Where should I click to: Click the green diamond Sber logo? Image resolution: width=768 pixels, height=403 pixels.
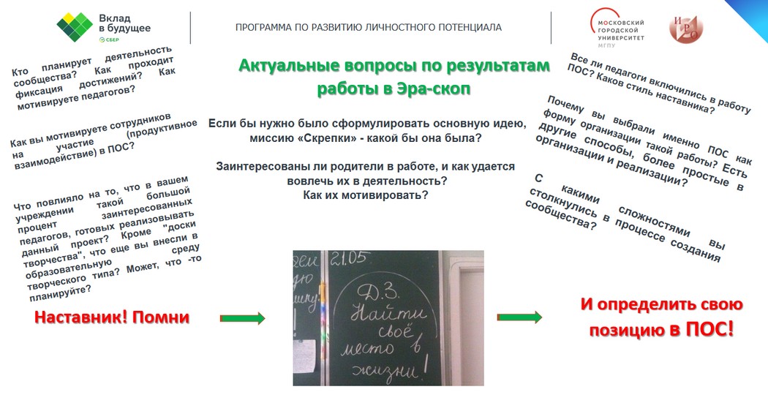[75, 27]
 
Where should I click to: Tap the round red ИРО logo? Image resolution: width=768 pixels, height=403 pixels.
[686, 28]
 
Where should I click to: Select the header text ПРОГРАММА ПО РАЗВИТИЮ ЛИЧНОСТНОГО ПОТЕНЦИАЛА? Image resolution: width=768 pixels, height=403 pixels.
[369, 27]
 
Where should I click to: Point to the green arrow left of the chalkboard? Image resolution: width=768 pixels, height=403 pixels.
[242, 318]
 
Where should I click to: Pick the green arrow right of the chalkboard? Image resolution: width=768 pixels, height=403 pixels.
[519, 317]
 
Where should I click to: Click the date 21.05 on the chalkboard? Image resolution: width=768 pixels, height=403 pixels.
[349, 258]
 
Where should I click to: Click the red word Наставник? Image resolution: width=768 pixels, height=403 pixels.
[80, 317]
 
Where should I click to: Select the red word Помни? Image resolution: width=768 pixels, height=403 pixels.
[161, 317]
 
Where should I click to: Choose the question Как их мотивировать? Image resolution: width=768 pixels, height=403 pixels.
[366, 195]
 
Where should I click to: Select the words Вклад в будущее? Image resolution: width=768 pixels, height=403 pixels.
[125, 23]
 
